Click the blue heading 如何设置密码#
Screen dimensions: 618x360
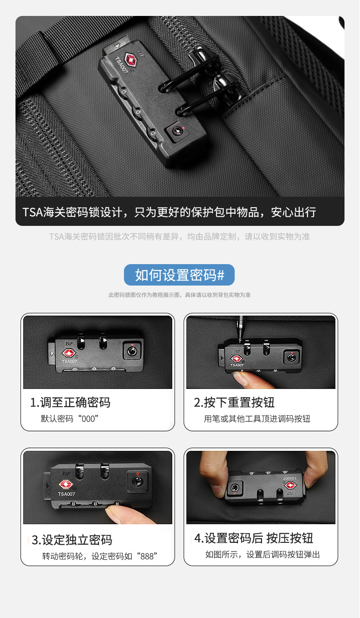180,275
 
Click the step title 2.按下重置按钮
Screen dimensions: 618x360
234,403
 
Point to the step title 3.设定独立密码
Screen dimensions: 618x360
72,540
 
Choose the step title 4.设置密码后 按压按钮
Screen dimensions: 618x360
254,538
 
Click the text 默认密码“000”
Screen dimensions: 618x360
69,419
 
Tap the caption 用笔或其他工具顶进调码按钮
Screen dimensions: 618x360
257,419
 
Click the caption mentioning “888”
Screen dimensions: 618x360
100,556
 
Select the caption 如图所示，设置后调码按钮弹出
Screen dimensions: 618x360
262,554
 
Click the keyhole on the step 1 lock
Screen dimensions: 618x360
132,351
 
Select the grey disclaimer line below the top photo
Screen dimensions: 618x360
180,236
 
